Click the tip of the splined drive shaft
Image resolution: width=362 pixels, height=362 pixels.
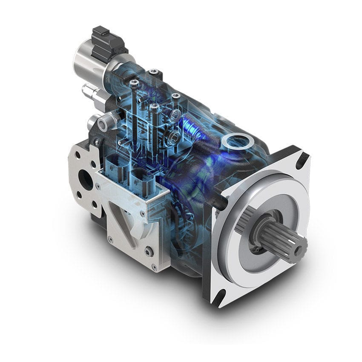301,246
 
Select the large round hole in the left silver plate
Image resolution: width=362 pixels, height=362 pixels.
86,180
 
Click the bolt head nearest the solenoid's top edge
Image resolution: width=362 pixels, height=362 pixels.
154,72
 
